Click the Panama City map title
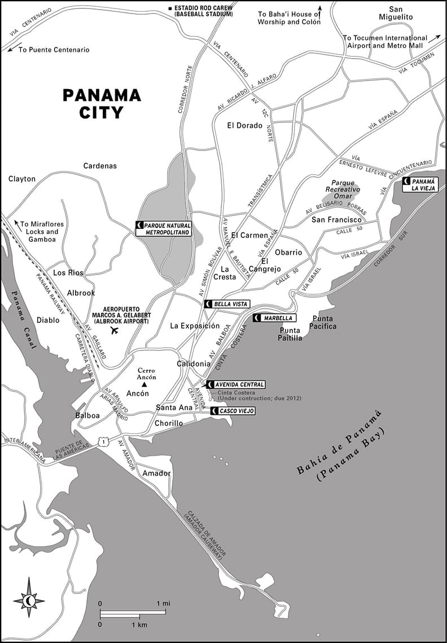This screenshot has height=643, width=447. click(101, 104)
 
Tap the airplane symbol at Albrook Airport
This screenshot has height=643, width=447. click(116, 330)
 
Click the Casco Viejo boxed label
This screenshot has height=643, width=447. click(233, 411)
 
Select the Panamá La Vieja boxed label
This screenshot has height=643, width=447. click(420, 184)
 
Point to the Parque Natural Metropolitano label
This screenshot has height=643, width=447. click(164, 228)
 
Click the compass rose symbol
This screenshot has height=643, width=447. click(29, 601)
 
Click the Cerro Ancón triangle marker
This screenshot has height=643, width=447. click(144, 384)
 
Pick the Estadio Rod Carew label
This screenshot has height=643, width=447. click(201, 10)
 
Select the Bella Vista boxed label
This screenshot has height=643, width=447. click(227, 304)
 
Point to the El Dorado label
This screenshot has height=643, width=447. click(245, 125)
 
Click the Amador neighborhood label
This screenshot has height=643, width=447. click(156, 473)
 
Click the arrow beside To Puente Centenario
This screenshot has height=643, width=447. click(12, 49)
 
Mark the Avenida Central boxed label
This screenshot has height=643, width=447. click(235, 384)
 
